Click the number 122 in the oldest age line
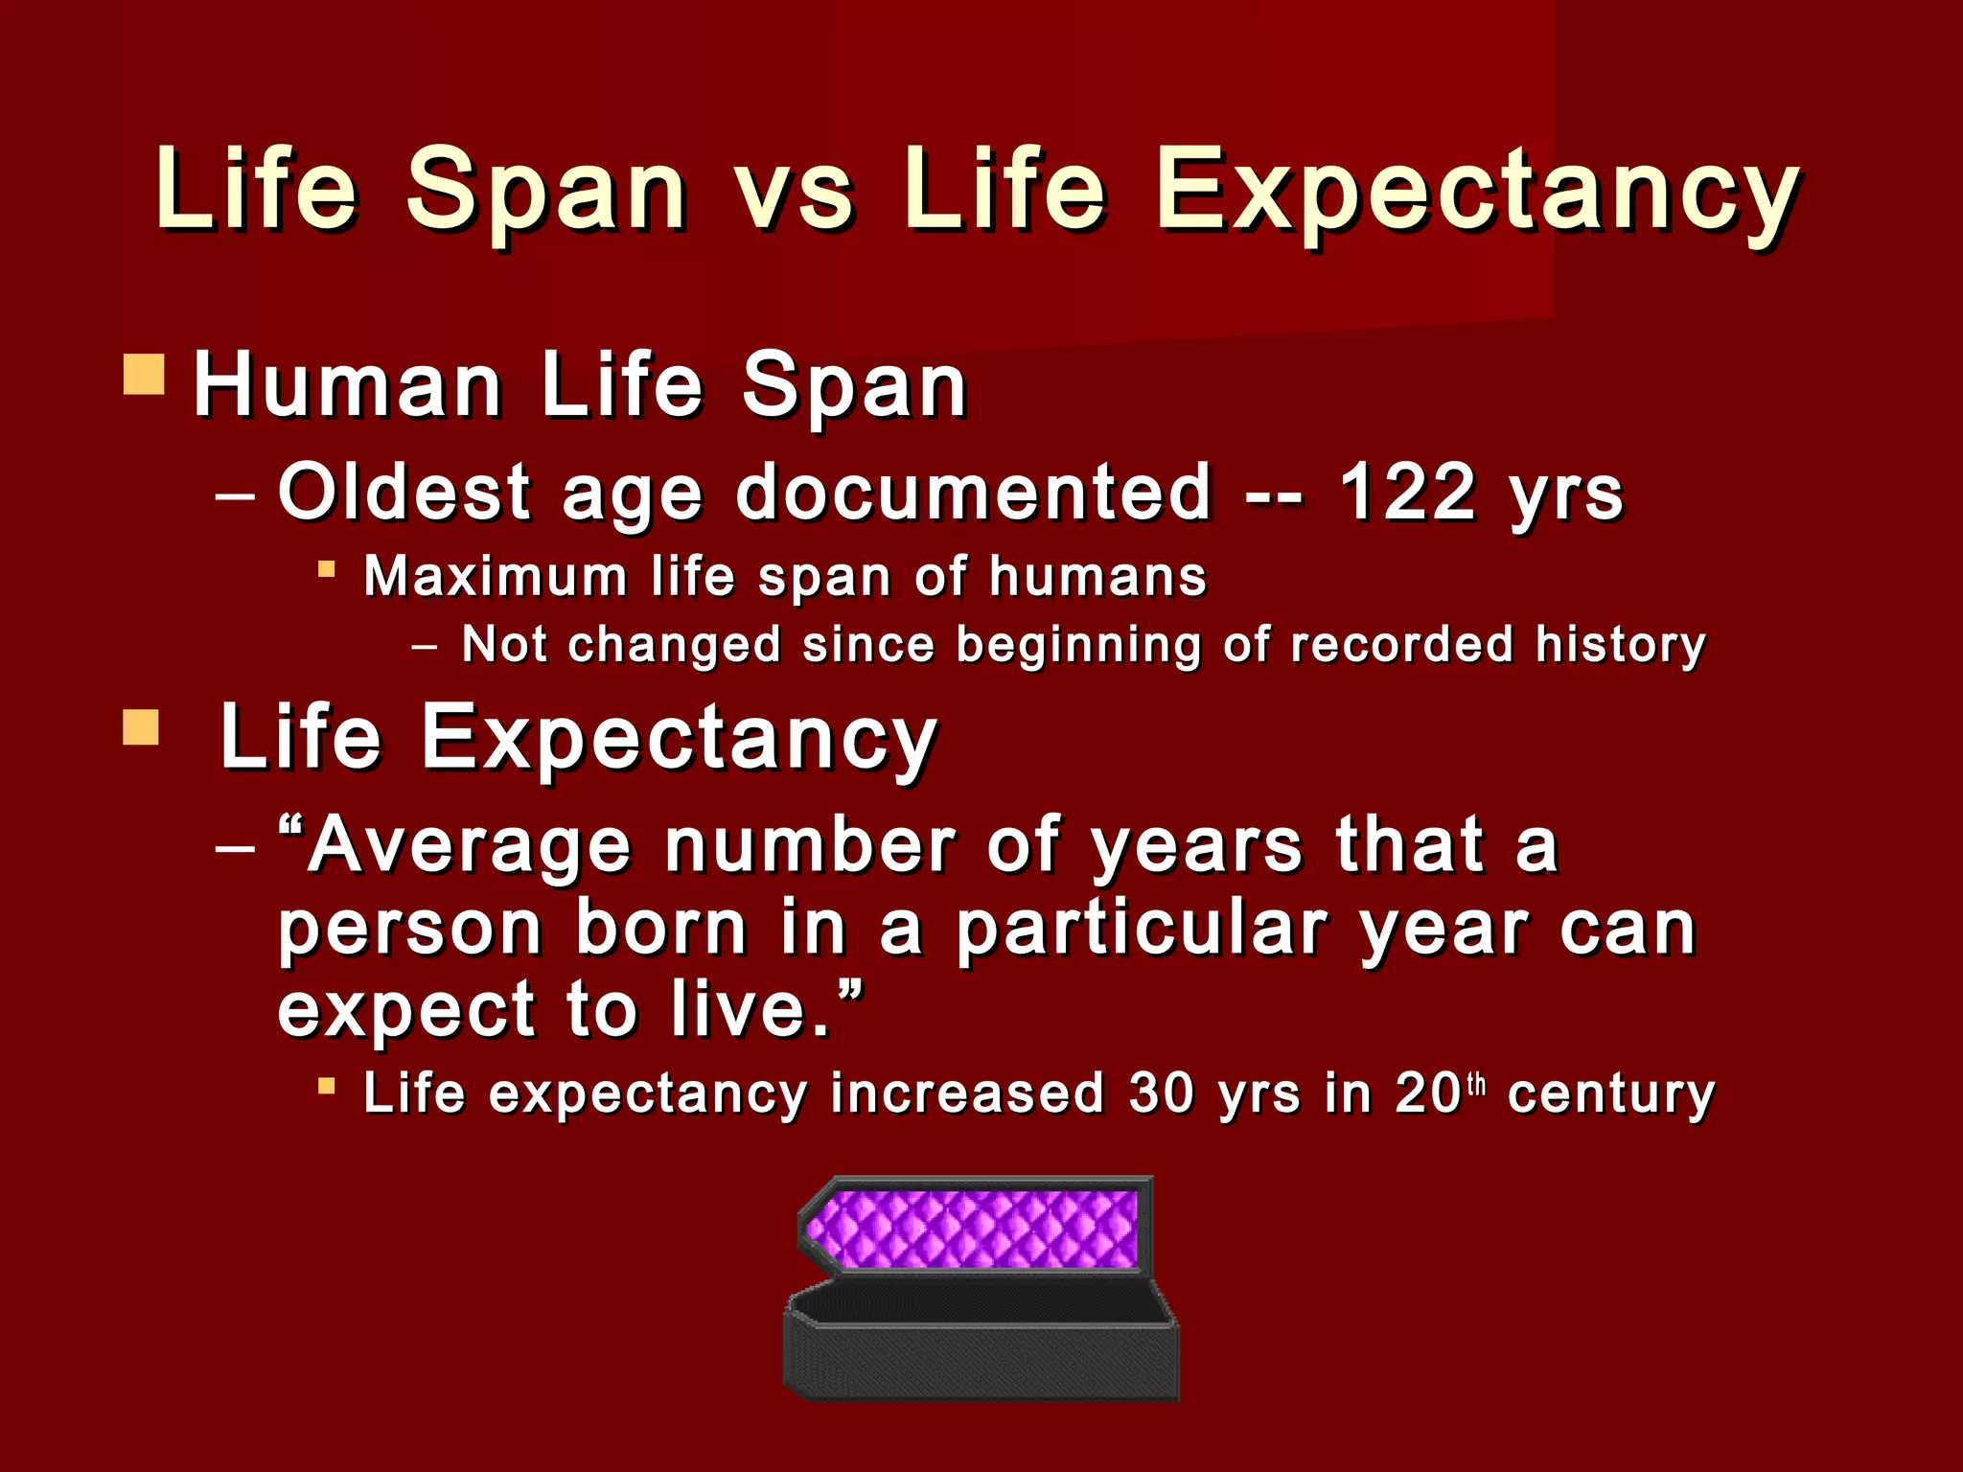click(x=1406, y=493)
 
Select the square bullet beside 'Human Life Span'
click(x=145, y=375)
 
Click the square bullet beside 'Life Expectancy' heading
click(x=141, y=727)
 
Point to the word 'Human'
click(x=348, y=386)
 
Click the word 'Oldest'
click(x=404, y=493)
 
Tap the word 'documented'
click(x=974, y=493)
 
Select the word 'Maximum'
click(x=496, y=577)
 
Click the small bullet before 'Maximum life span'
click(x=327, y=570)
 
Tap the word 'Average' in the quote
click(x=469, y=846)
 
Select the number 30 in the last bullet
click(x=1162, y=1092)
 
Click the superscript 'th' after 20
click(x=1477, y=1085)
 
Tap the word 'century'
click(x=1610, y=1094)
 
